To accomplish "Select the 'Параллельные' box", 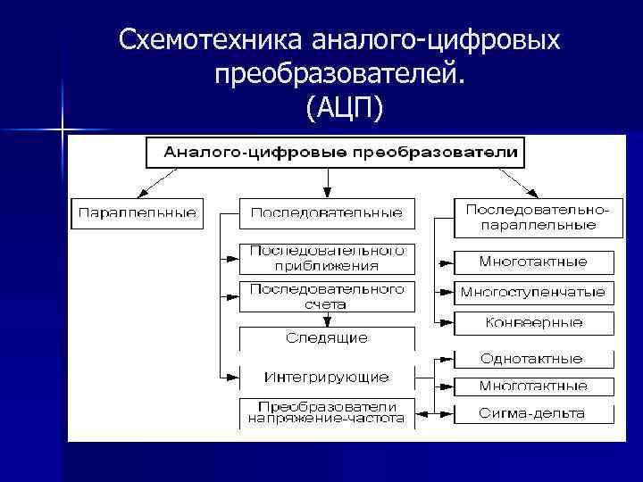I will tap(138, 214).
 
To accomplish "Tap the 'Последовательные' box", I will tap(326, 214).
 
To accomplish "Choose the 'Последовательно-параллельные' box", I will tap(533, 218).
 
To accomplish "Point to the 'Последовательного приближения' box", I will tap(326, 257).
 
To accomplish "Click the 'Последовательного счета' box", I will tap(326, 296).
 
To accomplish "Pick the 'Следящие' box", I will tap(326, 338).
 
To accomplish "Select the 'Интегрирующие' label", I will tap(326, 375).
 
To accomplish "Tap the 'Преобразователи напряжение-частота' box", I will tap(326, 411).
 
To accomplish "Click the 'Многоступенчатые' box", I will tap(533, 292).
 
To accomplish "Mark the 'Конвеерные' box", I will tap(533, 322).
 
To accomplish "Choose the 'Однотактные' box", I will tap(533, 359).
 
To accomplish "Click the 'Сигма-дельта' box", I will tap(533, 413).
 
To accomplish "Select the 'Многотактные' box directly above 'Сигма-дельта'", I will tap(533, 386).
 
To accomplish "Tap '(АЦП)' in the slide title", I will tap(343, 108).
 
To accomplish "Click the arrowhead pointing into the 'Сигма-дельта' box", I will tap(447, 413).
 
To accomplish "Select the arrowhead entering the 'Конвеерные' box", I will tap(447, 322).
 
